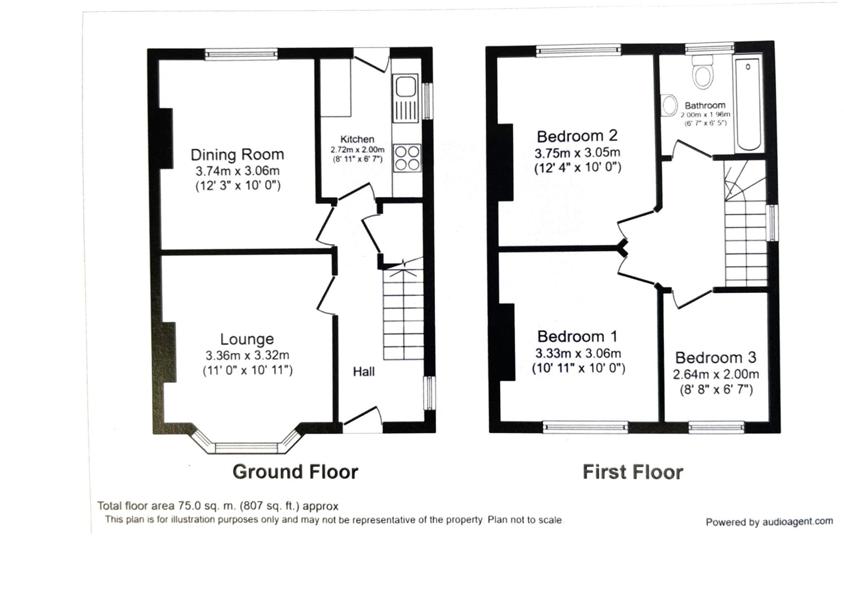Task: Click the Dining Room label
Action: click(x=237, y=155)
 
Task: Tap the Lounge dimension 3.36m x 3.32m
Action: click(x=247, y=355)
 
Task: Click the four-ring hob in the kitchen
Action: click(x=407, y=158)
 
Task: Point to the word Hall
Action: click(x=363, y=372)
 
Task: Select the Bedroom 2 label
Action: click(x=577, y=136)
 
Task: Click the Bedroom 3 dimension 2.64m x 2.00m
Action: click(x=716, y=374)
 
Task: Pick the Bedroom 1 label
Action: click(x=577, y=337)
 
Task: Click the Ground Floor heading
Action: click(x=295, y=472)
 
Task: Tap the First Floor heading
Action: click(x=633, y=472)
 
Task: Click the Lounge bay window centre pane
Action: click(x=246, y=448)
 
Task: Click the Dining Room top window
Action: click(x=241, y=54)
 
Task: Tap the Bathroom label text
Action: click(x=705, y=105)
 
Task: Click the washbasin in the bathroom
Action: click(x=670, y=106)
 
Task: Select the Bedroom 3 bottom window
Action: click(x=716, y=428)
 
